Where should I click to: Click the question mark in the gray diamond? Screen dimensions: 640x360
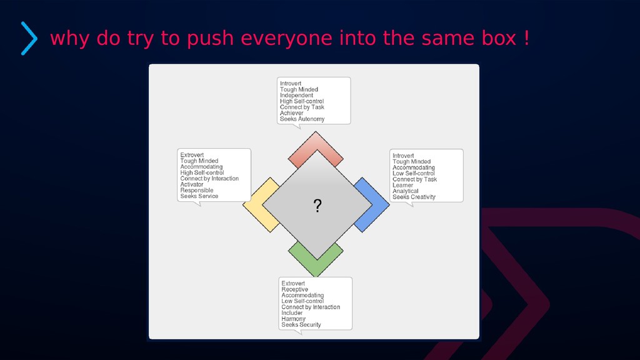point(317,206)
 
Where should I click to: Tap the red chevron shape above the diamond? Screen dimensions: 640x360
point(316,145)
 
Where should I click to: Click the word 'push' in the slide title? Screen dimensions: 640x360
point(209,39)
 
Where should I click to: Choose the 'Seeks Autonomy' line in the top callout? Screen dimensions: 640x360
point(302,119)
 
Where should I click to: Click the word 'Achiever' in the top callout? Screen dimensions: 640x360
point(292,113)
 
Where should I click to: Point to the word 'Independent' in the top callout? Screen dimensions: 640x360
point(296,96)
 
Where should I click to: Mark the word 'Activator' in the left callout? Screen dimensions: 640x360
point(192,184)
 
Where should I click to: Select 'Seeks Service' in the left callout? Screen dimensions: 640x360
point(199,196)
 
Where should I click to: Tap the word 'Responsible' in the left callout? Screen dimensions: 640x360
point(197,191)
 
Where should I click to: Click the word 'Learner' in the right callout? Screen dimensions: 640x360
point(403,185)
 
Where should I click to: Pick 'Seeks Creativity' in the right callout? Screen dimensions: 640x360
point(414,197)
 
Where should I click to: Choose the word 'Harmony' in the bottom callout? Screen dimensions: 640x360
point(293,319)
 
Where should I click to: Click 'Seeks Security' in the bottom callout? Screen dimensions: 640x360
point(301,325)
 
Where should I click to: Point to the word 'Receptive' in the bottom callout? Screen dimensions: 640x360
point(294,289)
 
